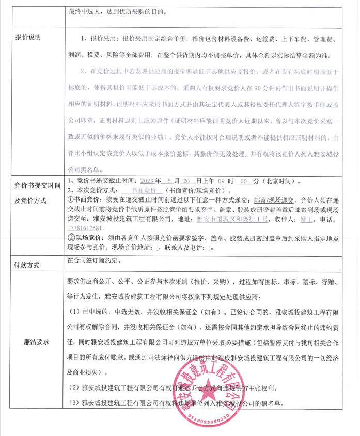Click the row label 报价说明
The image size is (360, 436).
pyautogui.click(x=28, y=37)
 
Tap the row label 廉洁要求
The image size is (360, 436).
pyautogui.click(x=36, y=342)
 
